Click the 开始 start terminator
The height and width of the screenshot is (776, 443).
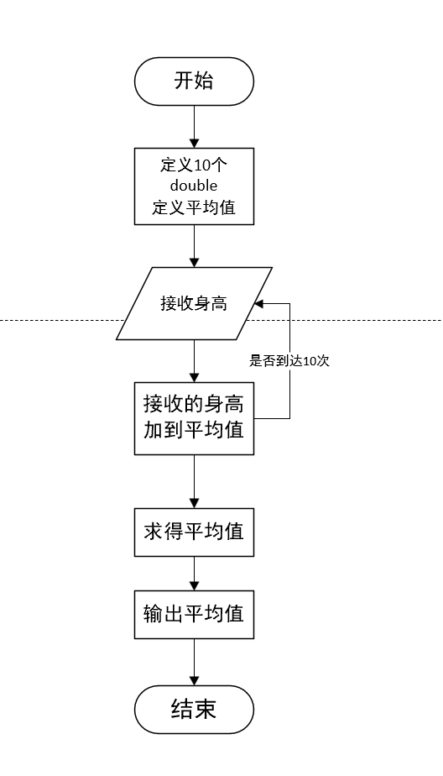pos(194,81)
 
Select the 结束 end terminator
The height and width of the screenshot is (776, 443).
pos(194,710)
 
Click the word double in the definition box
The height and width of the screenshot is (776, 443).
pos(194,186)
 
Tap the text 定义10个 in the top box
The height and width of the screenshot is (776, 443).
pos(194,165)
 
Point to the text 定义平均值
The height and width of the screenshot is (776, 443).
pos(194,207)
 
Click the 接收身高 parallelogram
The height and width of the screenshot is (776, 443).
pos(194,303)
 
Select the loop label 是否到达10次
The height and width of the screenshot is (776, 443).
pos(289,361)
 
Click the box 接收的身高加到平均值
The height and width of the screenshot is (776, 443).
pos(194,418)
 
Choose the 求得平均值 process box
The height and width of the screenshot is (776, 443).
pos(194,532)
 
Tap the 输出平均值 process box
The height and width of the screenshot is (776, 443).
pos(194,614)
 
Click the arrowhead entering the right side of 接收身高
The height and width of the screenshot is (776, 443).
pos(260,303)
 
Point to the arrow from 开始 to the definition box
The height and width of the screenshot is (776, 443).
pos(194,126)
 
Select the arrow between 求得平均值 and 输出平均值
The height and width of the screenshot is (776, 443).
pos(194,573)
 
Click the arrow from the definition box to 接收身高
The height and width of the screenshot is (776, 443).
pos(194,245)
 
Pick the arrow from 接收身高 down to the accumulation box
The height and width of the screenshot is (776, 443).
pos(194,361)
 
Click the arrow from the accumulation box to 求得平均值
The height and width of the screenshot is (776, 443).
pos(194,480)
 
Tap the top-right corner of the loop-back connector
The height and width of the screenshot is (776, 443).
pos(290,303)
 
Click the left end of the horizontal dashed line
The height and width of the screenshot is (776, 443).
pos(3,320)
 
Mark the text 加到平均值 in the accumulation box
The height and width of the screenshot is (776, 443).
pos(194,430)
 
